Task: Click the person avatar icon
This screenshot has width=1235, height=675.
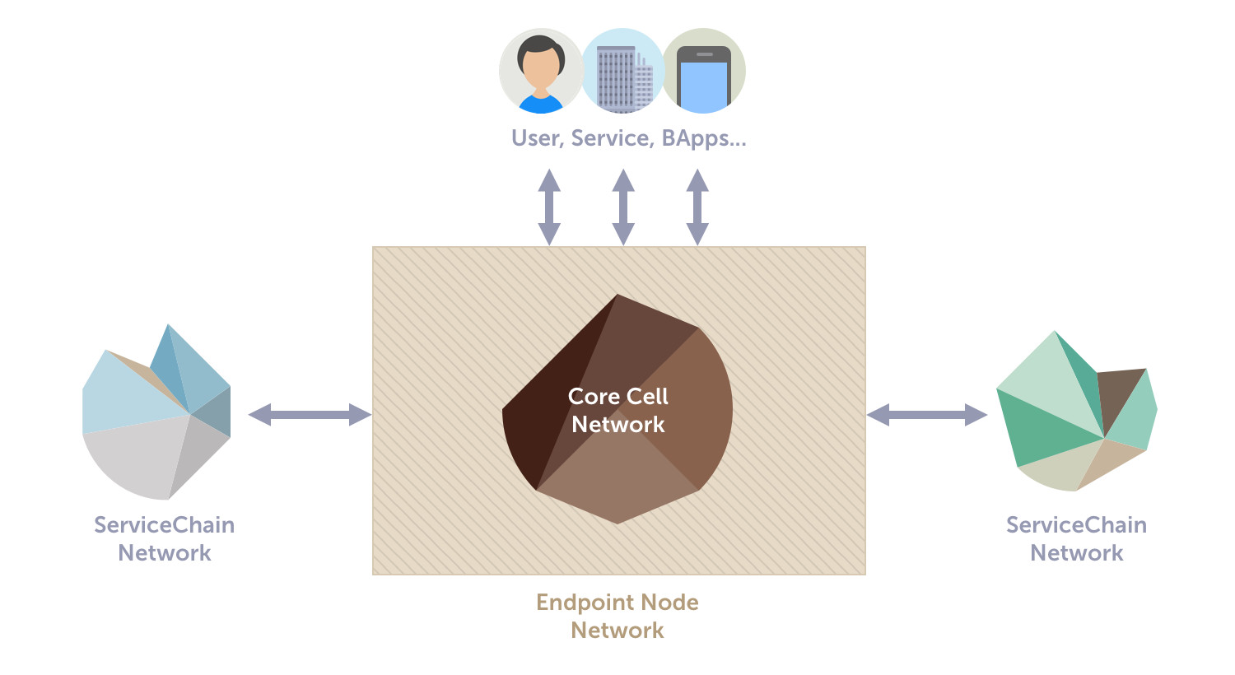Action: (x=540, y=71)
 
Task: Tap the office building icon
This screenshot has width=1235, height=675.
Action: (x=622, y=71)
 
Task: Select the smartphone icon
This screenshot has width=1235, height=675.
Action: (x=704, y=71)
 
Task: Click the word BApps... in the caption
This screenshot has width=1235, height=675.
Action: (x=704, y=138)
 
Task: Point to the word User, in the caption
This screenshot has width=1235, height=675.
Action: (x=537, y=138)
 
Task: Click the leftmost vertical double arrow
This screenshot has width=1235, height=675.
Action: (x=549, y=207)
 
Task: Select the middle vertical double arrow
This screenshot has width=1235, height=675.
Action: (x=623, y=207)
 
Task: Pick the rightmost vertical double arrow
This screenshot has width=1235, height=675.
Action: (x=697, y=207)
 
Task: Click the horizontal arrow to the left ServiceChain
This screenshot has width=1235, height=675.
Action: (x=310, y=415)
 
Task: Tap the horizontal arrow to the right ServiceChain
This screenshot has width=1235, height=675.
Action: (x=927, y=415)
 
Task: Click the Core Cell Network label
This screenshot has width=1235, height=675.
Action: (x=618, y=410)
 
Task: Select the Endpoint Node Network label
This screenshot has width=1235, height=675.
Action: (x=617, y=616)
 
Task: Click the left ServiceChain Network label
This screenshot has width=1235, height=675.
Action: (x=165, y=538)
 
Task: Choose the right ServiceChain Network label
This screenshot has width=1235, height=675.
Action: (x=1077, y=538)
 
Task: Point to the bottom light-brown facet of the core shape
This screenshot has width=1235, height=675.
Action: (x=617, y=486)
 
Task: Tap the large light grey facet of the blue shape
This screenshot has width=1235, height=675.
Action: (x=136, y=457)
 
